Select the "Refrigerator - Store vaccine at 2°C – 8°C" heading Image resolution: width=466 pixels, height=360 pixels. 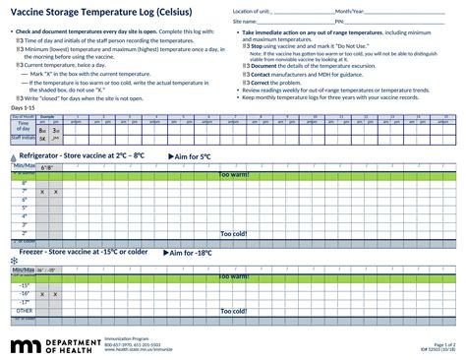click(82, 155)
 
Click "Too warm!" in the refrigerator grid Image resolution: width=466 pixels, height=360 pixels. click(233, 175)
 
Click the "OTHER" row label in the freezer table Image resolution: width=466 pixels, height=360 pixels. click(25, 310)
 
